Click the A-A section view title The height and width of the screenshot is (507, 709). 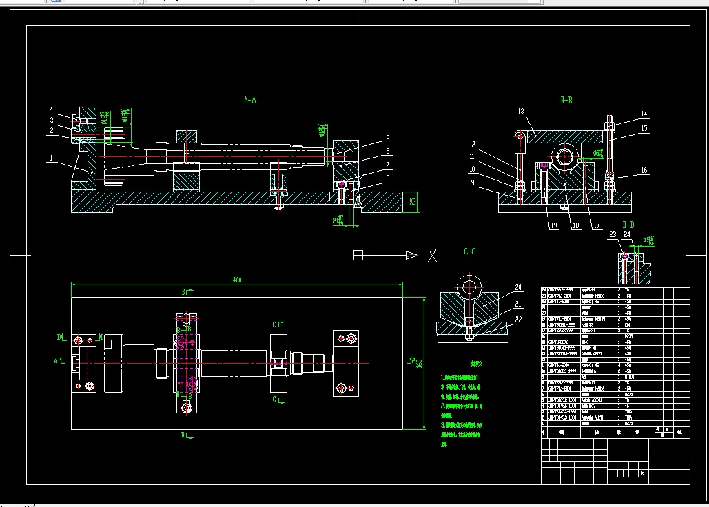[250, 100]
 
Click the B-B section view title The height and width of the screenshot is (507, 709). [566, 100]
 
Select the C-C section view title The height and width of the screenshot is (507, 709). [469, 251]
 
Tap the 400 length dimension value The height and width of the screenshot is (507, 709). [237, 280]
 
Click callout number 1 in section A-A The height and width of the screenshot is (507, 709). [50, 158]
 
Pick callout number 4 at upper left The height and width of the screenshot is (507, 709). [51, 109]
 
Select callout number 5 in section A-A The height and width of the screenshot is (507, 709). [388, 136]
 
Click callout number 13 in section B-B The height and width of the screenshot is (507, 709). [521, 111]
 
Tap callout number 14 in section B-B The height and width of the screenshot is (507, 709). [644, 114]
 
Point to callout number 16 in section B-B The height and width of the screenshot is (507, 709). [644, 169]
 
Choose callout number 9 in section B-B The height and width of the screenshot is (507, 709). [472, 183]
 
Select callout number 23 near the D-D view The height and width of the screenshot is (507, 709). [612, 235]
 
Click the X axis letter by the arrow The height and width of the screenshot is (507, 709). [432, 256]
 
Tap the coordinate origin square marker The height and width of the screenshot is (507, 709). [358, 256]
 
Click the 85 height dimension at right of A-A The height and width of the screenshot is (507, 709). [412, 202]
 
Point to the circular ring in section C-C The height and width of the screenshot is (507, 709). [470, 287]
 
